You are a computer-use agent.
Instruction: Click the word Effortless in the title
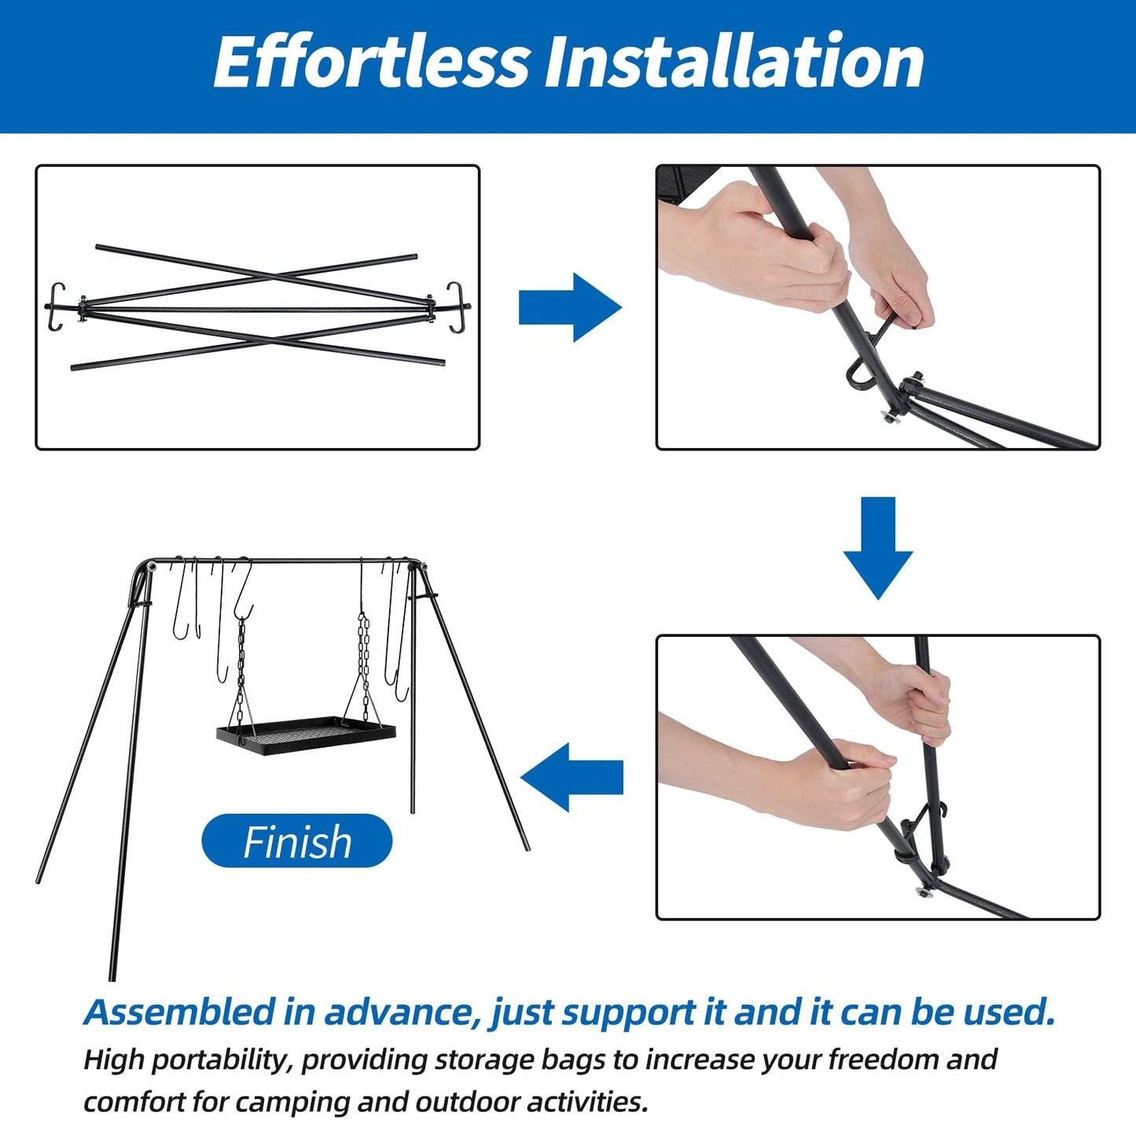(x=371, y=63)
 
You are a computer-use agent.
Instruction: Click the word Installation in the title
(x=734, y=63)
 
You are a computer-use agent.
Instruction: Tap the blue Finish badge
(x=297, y=841)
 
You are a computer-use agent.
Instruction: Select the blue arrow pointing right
(x=570, y=307)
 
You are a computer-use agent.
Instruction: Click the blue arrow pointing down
(x=878, y=549)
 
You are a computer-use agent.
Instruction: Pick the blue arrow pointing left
(x=572, y=778)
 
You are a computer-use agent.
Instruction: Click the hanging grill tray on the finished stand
(x=307, y=735)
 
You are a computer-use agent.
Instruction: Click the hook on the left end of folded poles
(x=55, y=307)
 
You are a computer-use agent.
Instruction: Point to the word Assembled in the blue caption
(x=179, y=1012)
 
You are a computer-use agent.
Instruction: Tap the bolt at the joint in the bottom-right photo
(x=925, y=891)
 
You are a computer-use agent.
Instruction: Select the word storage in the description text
(x=484, y=1060)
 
